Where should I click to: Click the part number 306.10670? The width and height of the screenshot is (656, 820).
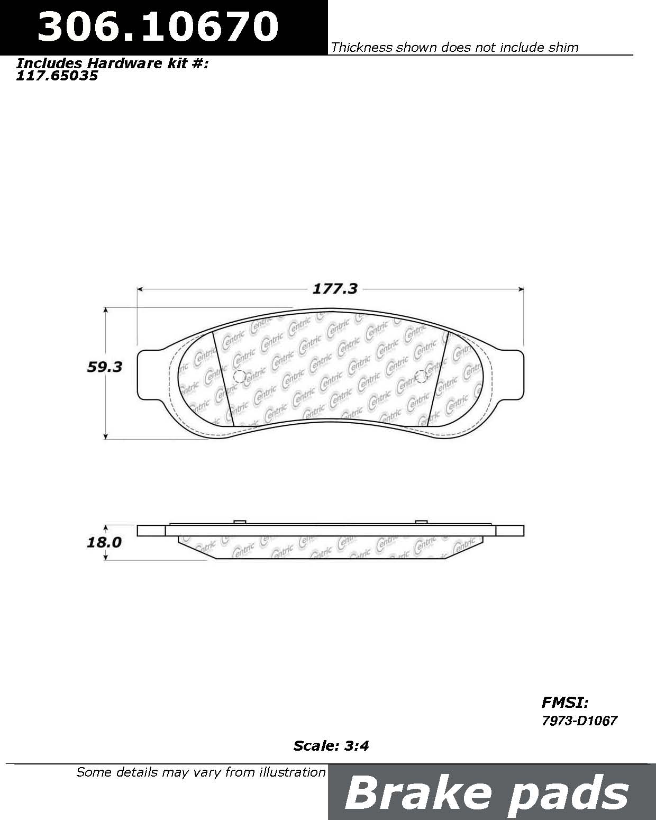158,26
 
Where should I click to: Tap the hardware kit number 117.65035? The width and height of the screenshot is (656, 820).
57,76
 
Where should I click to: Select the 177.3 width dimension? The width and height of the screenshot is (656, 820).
335,289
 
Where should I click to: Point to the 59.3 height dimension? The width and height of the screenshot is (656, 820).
104,367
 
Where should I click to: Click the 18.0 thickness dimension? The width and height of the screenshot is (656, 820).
104,542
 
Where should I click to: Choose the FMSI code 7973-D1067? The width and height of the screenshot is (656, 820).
579,721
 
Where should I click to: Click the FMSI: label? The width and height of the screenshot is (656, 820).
565,702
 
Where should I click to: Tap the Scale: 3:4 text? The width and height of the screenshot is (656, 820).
331,746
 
